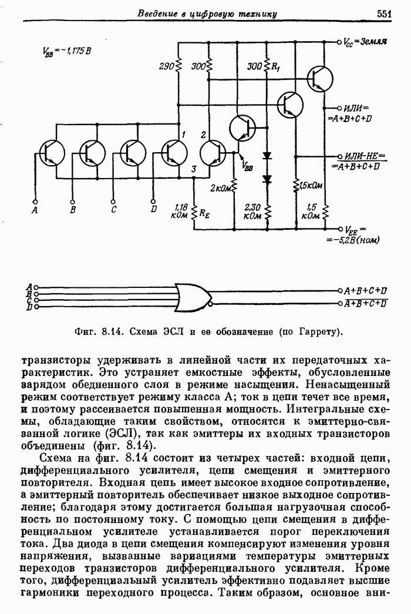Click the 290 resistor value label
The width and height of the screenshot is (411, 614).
(167, 67)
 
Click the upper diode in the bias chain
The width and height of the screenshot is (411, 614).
(267, 156)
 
